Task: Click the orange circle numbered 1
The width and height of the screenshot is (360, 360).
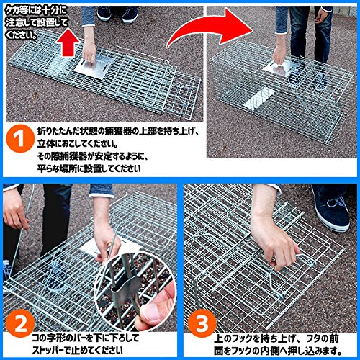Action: pos(20,138)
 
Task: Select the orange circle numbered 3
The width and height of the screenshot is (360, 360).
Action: pos(202,323)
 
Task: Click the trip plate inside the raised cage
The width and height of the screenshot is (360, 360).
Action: pos(258,99)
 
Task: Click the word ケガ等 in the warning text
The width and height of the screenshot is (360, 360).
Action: pos(17,11)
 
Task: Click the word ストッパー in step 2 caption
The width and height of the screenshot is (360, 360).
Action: pos(49,350)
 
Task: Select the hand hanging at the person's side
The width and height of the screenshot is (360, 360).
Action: pos(322,16)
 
